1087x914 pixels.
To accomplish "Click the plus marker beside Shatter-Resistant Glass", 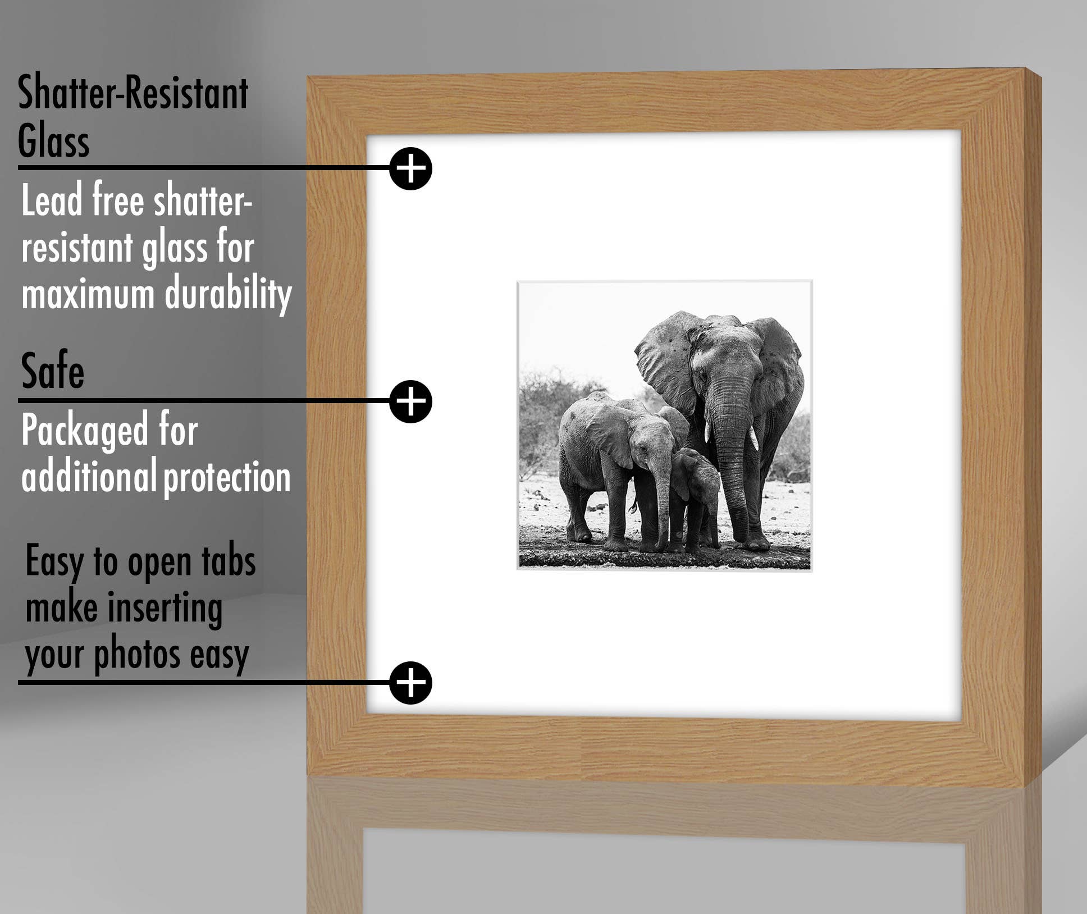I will coord(410,168).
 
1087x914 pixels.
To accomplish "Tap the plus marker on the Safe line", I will coord(410,401).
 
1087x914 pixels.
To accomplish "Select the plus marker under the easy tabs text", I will coord(410,683).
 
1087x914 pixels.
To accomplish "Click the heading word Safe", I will coord(52,371).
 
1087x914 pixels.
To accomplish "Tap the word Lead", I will coord(52,200).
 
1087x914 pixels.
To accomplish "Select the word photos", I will coord(137,655).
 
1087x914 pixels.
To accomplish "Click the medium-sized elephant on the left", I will coord(612,460).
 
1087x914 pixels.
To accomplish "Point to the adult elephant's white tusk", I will coord(753,438).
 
